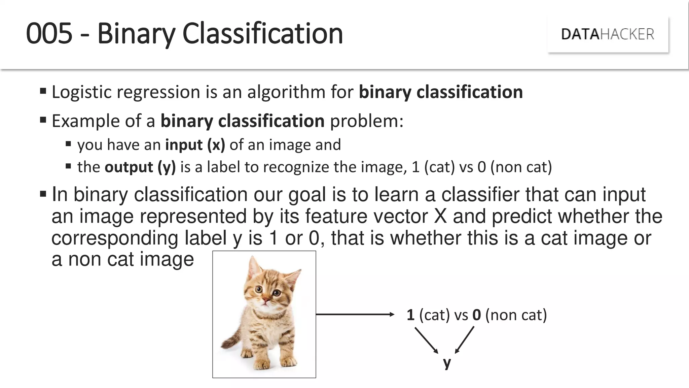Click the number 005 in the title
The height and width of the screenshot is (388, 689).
[x=49, y=33]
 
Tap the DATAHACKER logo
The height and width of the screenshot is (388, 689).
[x=608, y=34]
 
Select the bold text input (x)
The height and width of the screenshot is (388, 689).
[x=195, y=145]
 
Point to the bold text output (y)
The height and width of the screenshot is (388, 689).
[x=140, y=167]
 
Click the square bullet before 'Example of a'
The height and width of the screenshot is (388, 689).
[x=43, y=120]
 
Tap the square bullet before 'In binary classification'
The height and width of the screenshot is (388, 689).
[x=43, y=194]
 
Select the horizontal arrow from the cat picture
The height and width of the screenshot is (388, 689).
[x=355, y=314]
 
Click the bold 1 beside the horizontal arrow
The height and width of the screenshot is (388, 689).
[x=410, y=315]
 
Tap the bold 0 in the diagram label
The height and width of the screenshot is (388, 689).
[x=476, y=315]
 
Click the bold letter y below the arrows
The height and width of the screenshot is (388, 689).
[x=447, y=363]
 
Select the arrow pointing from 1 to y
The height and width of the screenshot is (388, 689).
[x=426, y=340]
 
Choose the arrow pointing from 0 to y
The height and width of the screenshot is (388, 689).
[x=465, y=340]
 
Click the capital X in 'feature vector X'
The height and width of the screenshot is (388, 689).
[x=440, y=216]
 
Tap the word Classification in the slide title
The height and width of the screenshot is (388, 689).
[x=262, y=33]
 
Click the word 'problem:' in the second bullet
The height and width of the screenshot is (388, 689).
[x=366, y=121]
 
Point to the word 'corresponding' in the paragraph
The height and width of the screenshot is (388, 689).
[x=114, y=238]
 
